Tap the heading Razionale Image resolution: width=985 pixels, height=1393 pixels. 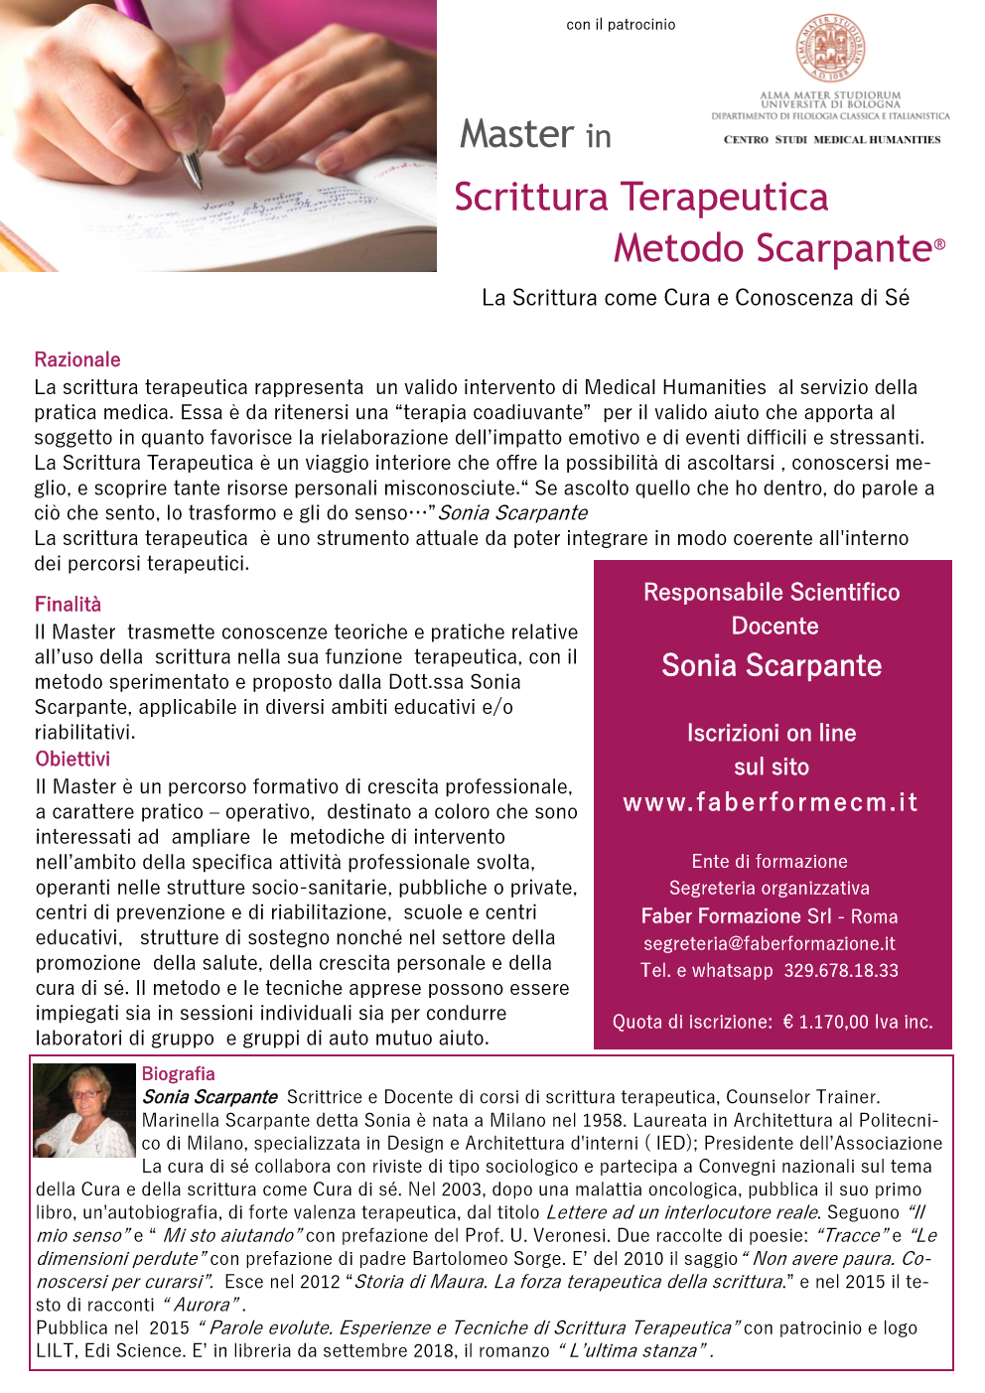pos(77,359)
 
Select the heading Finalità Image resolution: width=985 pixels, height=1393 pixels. pos(68,605)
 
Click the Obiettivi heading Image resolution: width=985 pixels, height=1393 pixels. pos(72,760)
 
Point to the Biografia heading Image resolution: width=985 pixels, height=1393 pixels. pos(178,1074)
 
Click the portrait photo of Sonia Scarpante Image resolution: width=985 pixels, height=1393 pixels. pos(83,1110)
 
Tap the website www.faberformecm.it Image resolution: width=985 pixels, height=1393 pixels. pos(771,802)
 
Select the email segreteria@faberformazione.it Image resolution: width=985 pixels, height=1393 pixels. pos(770,944)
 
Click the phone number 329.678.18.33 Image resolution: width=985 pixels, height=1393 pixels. pos(841,971)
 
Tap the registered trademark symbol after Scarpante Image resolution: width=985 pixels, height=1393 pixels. pos(939,244)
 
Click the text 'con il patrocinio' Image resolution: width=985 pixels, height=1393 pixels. pos(621,25)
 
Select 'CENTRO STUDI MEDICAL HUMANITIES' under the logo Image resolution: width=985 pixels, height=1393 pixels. pos(832,140)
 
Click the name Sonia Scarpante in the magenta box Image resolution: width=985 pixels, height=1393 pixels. pos(772,666)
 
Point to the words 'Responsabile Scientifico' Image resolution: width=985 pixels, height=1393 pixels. pos(772,593)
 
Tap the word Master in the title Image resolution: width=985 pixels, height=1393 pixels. pos(516,134)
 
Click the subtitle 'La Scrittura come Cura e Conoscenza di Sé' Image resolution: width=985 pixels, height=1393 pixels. pos(695,298)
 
